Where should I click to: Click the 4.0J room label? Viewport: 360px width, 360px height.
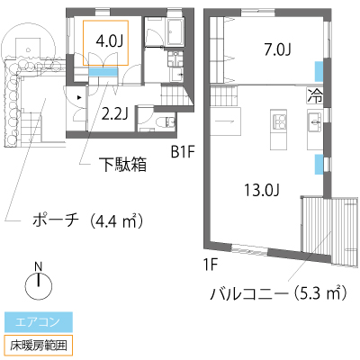[x=110, y=41]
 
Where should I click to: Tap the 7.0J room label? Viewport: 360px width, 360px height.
[x=277, y=49]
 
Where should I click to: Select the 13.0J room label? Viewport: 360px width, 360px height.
[x=262, y=190]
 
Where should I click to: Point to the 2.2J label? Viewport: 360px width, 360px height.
[x=114, y=114]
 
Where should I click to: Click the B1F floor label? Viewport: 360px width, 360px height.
[x=184, y=152]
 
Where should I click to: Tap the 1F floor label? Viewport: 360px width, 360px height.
[x=210, y=265]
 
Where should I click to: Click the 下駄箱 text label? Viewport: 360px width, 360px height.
[x=124, y=165]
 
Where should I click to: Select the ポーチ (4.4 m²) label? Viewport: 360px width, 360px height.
[x=87, y=220]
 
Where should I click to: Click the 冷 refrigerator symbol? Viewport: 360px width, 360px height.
[x=315, y=96]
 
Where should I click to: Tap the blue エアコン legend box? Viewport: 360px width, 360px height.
[x=39, y=322]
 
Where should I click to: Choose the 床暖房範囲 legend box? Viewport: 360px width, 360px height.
[x=39, y=346]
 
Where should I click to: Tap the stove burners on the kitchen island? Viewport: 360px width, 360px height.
[x=279, y=122]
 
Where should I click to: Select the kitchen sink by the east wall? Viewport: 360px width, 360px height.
[x=315, y=122]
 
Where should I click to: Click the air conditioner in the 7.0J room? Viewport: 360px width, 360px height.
[x=319, y=71]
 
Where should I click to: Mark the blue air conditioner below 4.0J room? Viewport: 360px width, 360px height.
[x=103, y=72]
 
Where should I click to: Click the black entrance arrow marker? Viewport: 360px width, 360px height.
[x=79, y=97]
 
